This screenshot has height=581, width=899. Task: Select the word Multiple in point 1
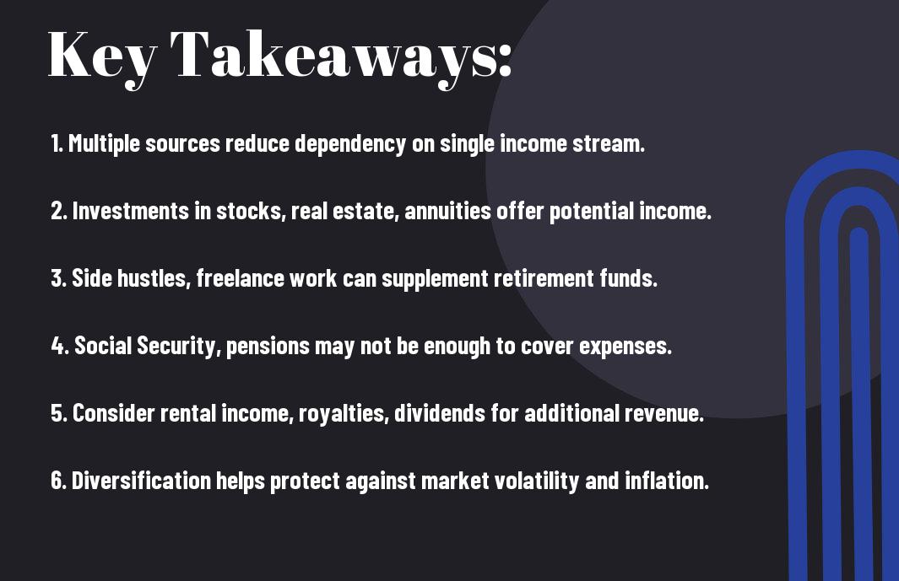[x=104, y=143]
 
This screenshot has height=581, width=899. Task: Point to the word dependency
[x=350, y=143]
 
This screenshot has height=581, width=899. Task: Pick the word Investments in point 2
[x=130, y=211]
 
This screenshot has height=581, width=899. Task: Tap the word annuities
[x=447, y=211]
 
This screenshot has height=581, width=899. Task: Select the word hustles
[x=154, y=278]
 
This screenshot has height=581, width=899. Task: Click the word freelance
[x=241, y=278]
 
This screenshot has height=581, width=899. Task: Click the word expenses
[x=626, y=347]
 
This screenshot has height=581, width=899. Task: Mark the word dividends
[x=440, y=413]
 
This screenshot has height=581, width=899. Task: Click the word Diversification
[x=141, y=480]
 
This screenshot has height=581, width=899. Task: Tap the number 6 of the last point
[x=57, y=480]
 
